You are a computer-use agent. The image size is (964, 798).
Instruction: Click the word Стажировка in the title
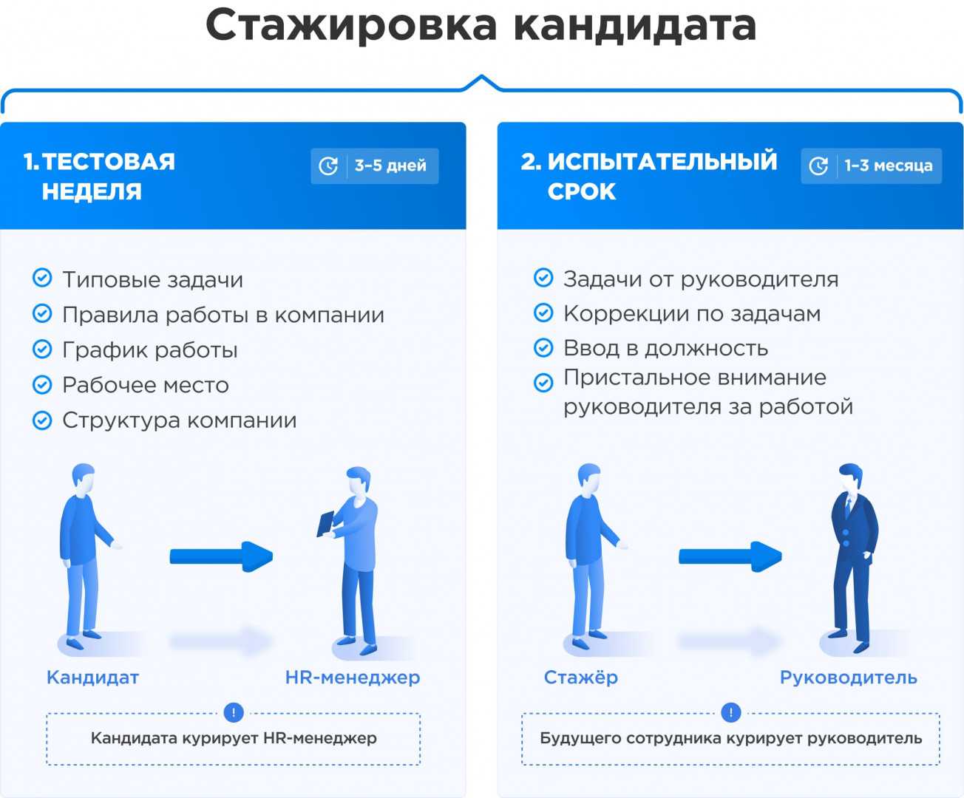point(351,26)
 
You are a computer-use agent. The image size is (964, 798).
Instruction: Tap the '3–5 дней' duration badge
point(374,166)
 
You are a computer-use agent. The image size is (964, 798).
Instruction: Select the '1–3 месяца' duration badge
point(871,166)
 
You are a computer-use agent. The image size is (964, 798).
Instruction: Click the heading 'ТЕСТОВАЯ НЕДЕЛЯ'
point(99,177)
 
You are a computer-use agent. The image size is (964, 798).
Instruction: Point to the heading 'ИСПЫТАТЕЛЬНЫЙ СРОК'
point(649,177)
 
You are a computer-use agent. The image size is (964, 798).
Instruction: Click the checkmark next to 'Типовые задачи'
point(42,279)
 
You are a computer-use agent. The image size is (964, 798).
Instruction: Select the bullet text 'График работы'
point(150,349)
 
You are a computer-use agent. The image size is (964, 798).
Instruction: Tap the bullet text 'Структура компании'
point(179,420)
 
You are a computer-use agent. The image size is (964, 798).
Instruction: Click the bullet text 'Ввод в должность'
point(665,347)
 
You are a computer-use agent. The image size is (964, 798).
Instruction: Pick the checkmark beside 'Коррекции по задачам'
point(543,313)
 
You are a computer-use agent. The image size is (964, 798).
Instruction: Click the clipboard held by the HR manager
point(325,524)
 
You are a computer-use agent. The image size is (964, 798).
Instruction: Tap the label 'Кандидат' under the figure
point(92,677)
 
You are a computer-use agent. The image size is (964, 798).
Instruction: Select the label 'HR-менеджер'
point(352,677)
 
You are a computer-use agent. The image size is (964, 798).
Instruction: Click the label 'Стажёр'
point(580,677)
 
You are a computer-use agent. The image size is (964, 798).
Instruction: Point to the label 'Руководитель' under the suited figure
point(848,677)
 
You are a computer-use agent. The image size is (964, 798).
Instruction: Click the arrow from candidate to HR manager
point(221,556)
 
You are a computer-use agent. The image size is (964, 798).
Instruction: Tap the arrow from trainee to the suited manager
point(730,556)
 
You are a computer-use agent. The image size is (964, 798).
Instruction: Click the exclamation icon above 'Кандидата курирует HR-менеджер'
point(234,712)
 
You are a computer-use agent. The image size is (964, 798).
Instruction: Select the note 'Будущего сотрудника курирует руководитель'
point(730,738)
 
